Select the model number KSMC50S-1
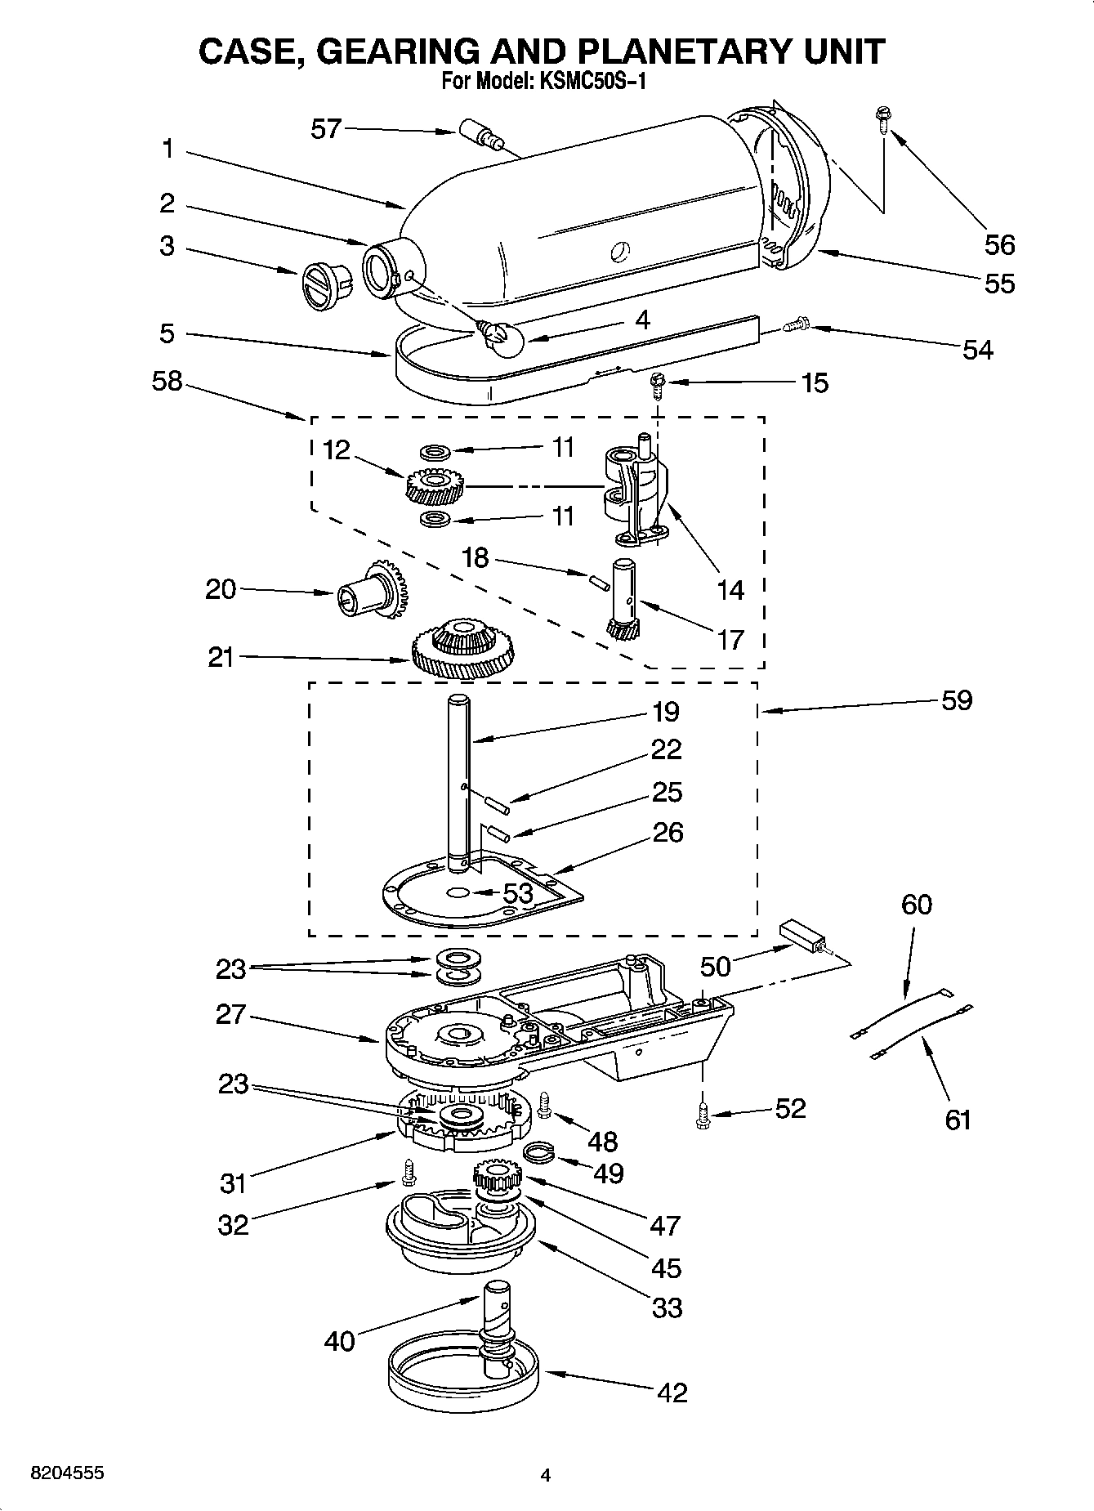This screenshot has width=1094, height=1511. coord(590,82)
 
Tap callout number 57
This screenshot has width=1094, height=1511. coord(326,128)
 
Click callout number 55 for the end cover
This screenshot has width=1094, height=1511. coord(999,283)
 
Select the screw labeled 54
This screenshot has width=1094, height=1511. coord(796,327)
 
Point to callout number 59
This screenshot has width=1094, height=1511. coord(957,700)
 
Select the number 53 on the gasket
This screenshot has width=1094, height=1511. coord(517,893)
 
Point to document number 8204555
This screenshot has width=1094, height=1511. coord(66,1474)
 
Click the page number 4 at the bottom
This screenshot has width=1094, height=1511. coord(546,1476)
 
